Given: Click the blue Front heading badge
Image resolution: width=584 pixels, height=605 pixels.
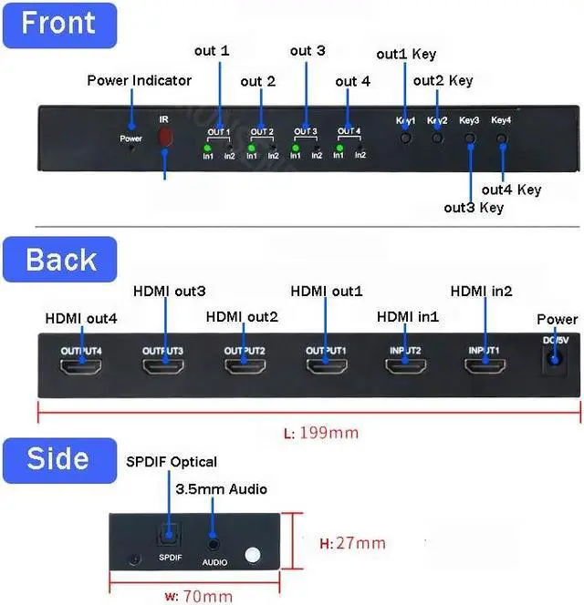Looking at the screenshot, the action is coord(59,25).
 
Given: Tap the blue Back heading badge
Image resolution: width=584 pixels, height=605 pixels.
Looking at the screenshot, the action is coord(61,260).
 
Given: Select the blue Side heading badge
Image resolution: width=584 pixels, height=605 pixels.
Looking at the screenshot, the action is coord(57,458).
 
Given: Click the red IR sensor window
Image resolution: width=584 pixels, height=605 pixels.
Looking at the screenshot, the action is coord(165,137).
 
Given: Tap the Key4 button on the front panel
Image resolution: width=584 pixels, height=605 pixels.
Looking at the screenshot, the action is coord(502,139).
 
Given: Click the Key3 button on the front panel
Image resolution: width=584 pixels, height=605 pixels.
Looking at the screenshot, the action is coord(470,139).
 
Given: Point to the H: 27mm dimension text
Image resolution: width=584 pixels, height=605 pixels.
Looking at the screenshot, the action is coord(351,544).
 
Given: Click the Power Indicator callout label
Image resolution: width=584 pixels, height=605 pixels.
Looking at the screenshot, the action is coord(139,80).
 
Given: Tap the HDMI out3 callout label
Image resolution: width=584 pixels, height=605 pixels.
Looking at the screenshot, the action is coord(169,292).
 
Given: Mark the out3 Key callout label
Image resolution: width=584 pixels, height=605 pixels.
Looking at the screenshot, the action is coord(474,207).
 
